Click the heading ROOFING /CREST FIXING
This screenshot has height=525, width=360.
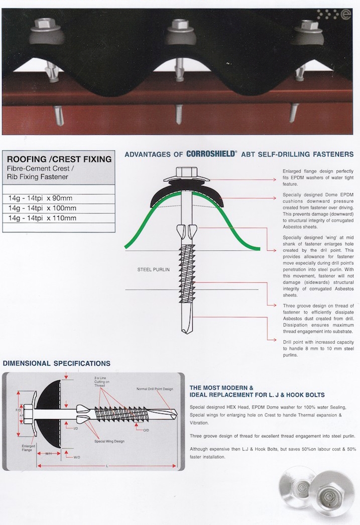[x=59, y=159]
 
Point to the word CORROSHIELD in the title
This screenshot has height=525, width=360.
[x=211, y=154]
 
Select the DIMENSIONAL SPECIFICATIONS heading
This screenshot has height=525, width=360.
[x=57, y=363]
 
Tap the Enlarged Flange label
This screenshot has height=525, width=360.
[x=28, y=448]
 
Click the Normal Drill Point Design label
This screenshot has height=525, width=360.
[x=155, y=389]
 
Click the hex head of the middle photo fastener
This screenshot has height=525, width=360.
[x=180, y=24]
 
